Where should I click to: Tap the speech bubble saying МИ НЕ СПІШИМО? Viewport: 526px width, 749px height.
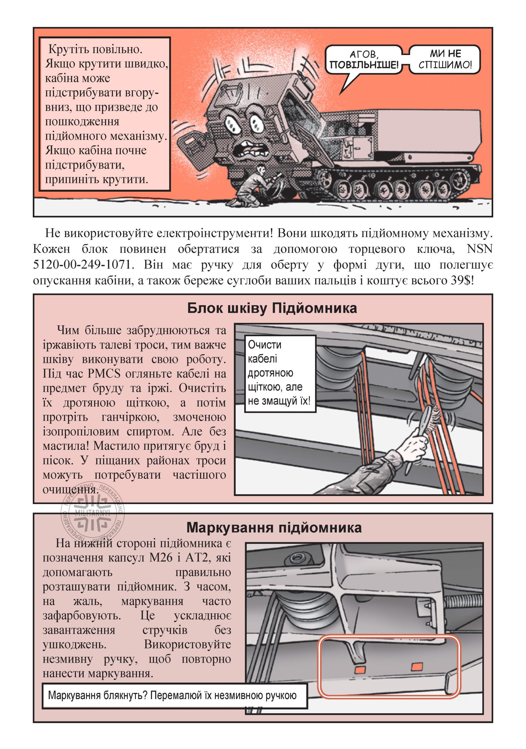point(445,59)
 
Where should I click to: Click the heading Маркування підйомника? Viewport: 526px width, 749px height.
point(274,528)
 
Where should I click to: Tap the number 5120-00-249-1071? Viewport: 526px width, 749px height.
point(83,264)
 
